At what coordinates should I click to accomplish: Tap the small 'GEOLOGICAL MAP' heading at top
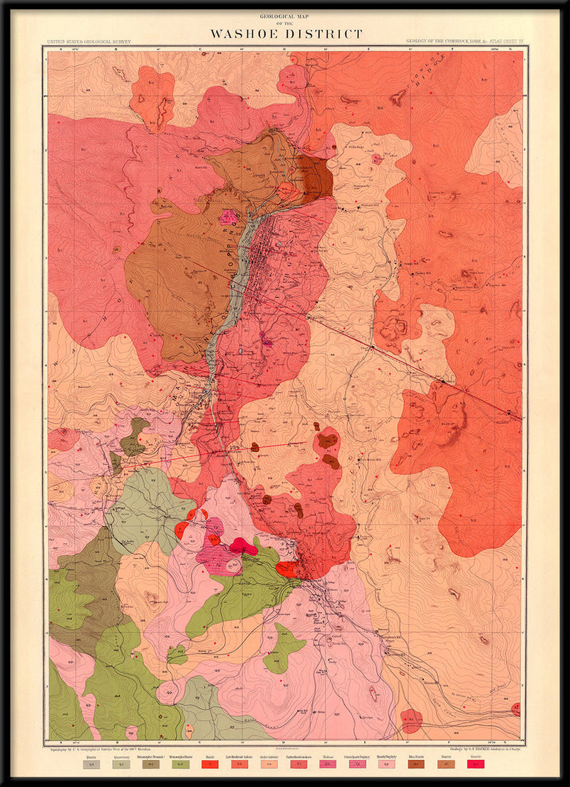285,15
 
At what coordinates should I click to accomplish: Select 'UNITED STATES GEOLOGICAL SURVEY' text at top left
88,42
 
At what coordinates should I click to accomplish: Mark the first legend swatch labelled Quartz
90,764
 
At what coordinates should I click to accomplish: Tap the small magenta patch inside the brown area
228,217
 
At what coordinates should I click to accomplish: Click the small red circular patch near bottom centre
411,721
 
